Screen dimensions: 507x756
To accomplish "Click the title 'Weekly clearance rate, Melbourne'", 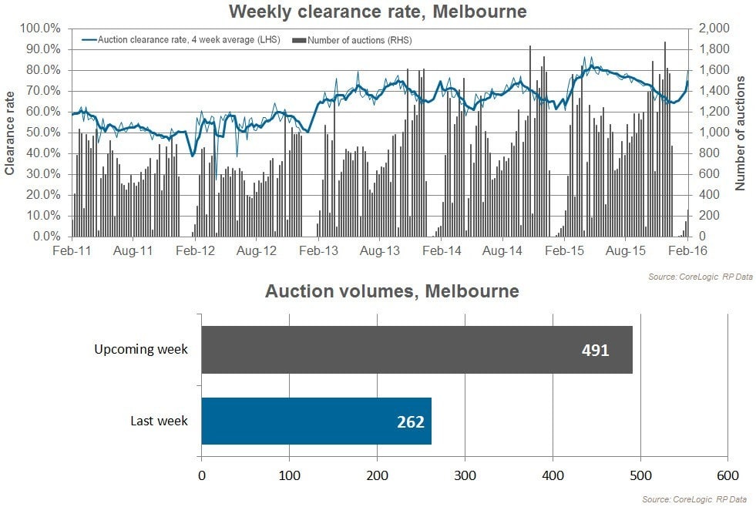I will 378,12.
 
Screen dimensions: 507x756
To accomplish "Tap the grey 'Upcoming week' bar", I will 416,350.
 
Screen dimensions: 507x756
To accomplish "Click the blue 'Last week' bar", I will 316,421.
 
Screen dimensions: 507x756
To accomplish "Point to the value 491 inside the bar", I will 595,351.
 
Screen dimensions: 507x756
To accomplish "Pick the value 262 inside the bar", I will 410,421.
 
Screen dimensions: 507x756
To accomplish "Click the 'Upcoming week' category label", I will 141,350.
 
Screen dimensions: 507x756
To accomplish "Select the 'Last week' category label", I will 160,421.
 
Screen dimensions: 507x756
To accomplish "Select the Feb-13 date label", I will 319,251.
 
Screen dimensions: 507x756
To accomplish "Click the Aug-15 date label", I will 625,251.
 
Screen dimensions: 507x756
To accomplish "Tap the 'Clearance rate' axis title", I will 11,133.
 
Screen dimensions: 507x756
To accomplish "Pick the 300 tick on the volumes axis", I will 465,475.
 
